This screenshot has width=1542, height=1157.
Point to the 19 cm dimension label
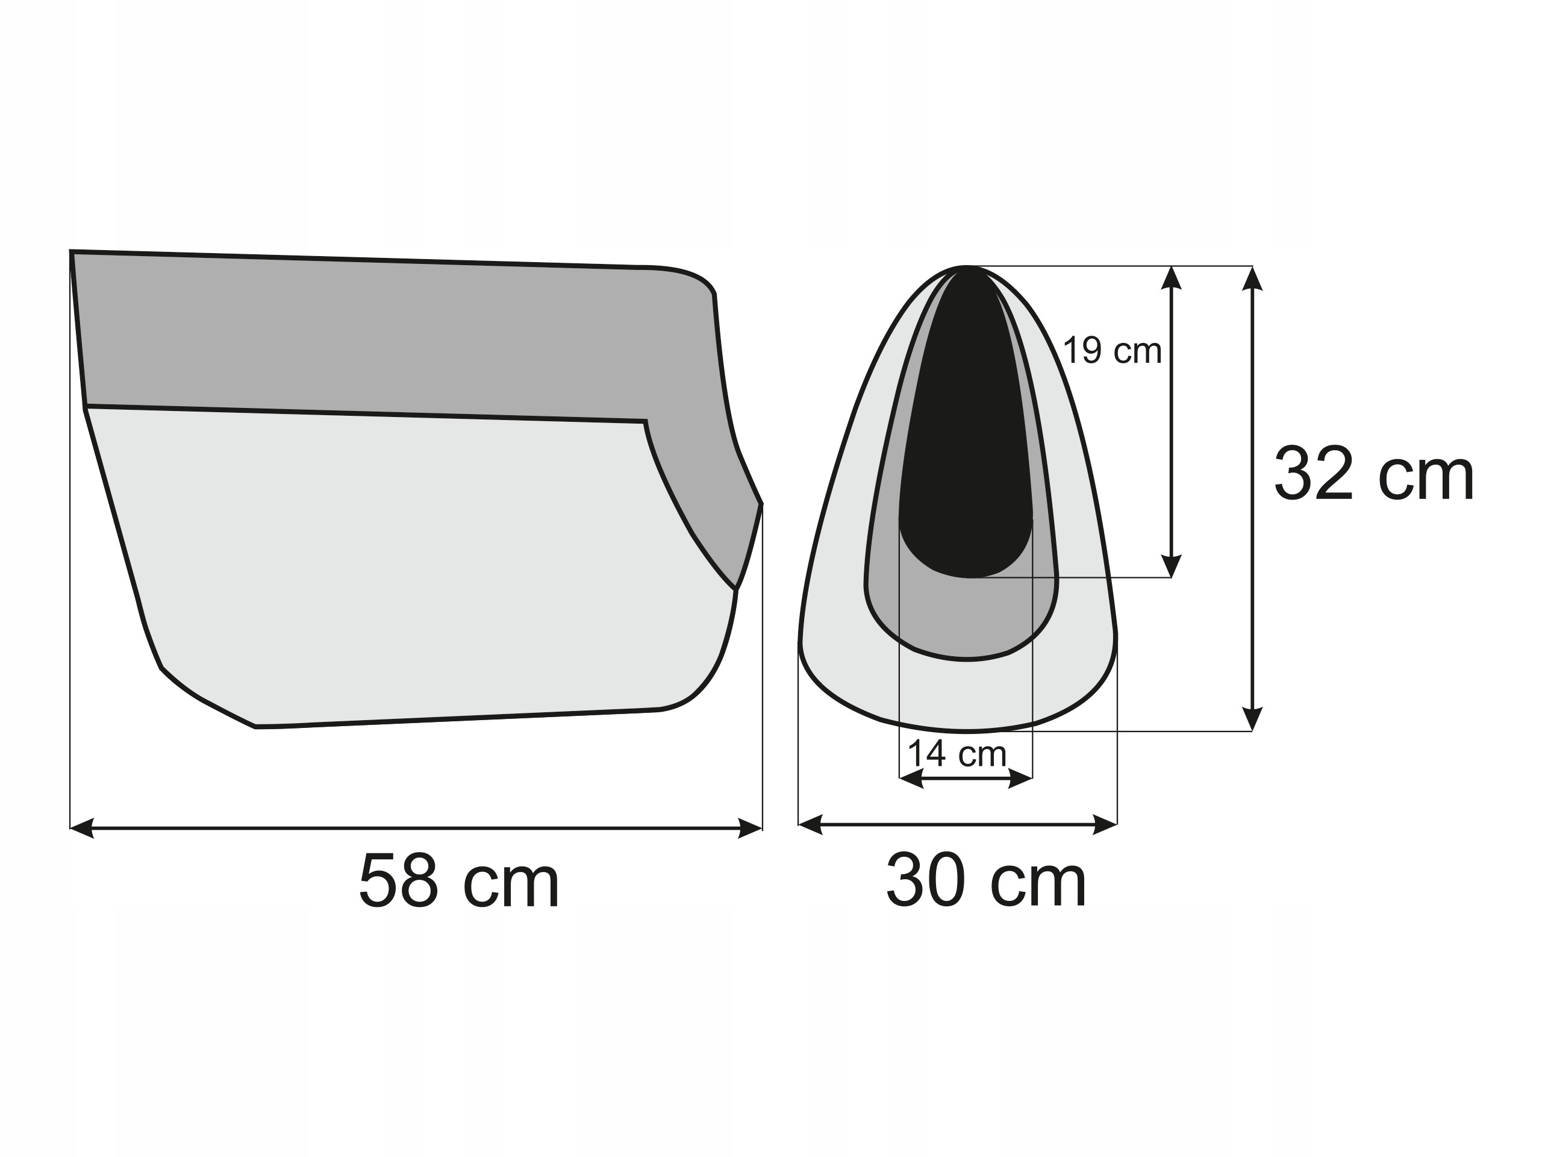(1113, 350)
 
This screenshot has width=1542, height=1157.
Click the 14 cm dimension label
(957, 754)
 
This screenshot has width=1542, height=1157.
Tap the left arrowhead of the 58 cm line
(83, 829)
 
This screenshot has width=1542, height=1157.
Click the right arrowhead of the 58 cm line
(750, 829)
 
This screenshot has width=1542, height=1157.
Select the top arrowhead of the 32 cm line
(1253, 278)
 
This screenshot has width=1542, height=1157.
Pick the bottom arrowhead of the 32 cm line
(1253, 719)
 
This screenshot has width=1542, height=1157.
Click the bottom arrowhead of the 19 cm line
(1171, 566)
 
